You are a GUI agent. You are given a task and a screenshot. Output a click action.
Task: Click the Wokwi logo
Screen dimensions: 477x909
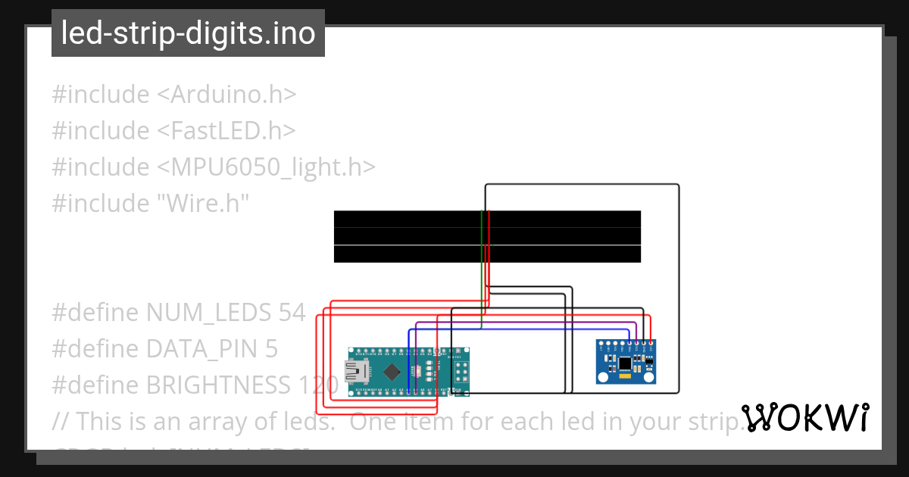point(805,417)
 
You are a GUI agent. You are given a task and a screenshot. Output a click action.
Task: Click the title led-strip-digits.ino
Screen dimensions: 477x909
point(188,33)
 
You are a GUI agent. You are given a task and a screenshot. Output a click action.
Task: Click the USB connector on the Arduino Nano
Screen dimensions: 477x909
point(355,371)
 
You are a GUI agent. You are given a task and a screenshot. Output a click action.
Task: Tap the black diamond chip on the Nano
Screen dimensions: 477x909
point(392,371)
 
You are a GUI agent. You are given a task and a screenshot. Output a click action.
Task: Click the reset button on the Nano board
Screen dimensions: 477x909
point(417,371)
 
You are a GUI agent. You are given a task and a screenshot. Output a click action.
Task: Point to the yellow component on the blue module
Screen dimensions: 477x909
point(625,375)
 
